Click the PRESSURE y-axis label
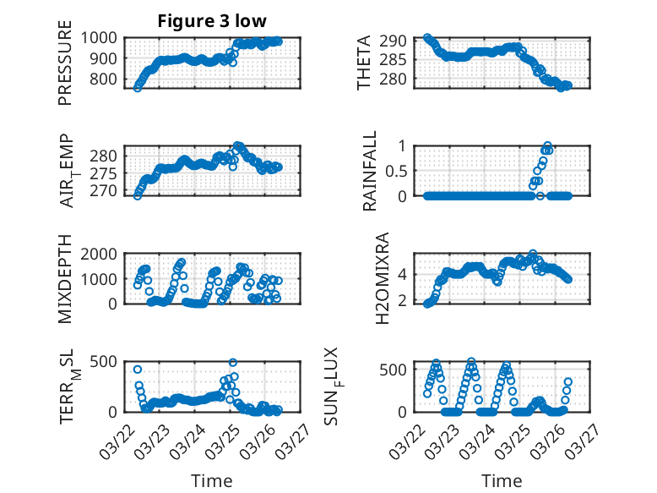point(65,69)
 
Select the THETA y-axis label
point(364,63)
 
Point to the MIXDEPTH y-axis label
point(65,278)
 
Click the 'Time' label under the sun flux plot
point(502,480)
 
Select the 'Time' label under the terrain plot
point(211,480)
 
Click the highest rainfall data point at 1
point(548,146)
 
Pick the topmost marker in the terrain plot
point(232,363)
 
